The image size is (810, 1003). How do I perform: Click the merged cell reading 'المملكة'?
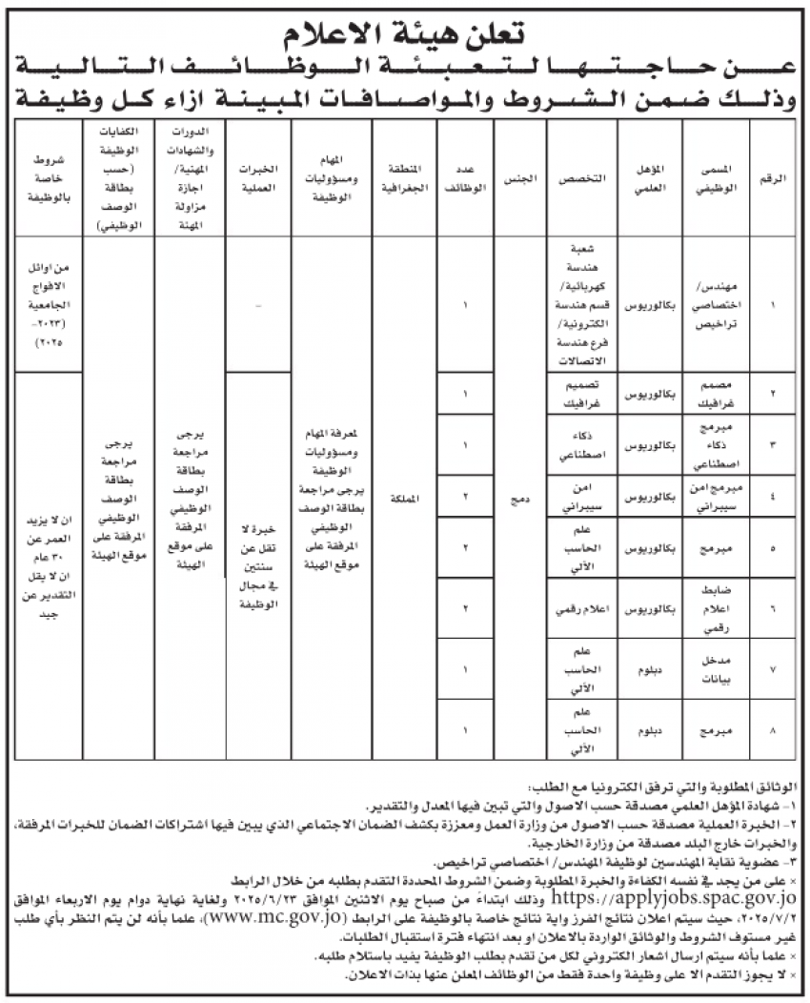pyautogui.click(x=403, y=498)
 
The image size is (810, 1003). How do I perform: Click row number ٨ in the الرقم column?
pyautogui.click(x=771, y=731)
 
